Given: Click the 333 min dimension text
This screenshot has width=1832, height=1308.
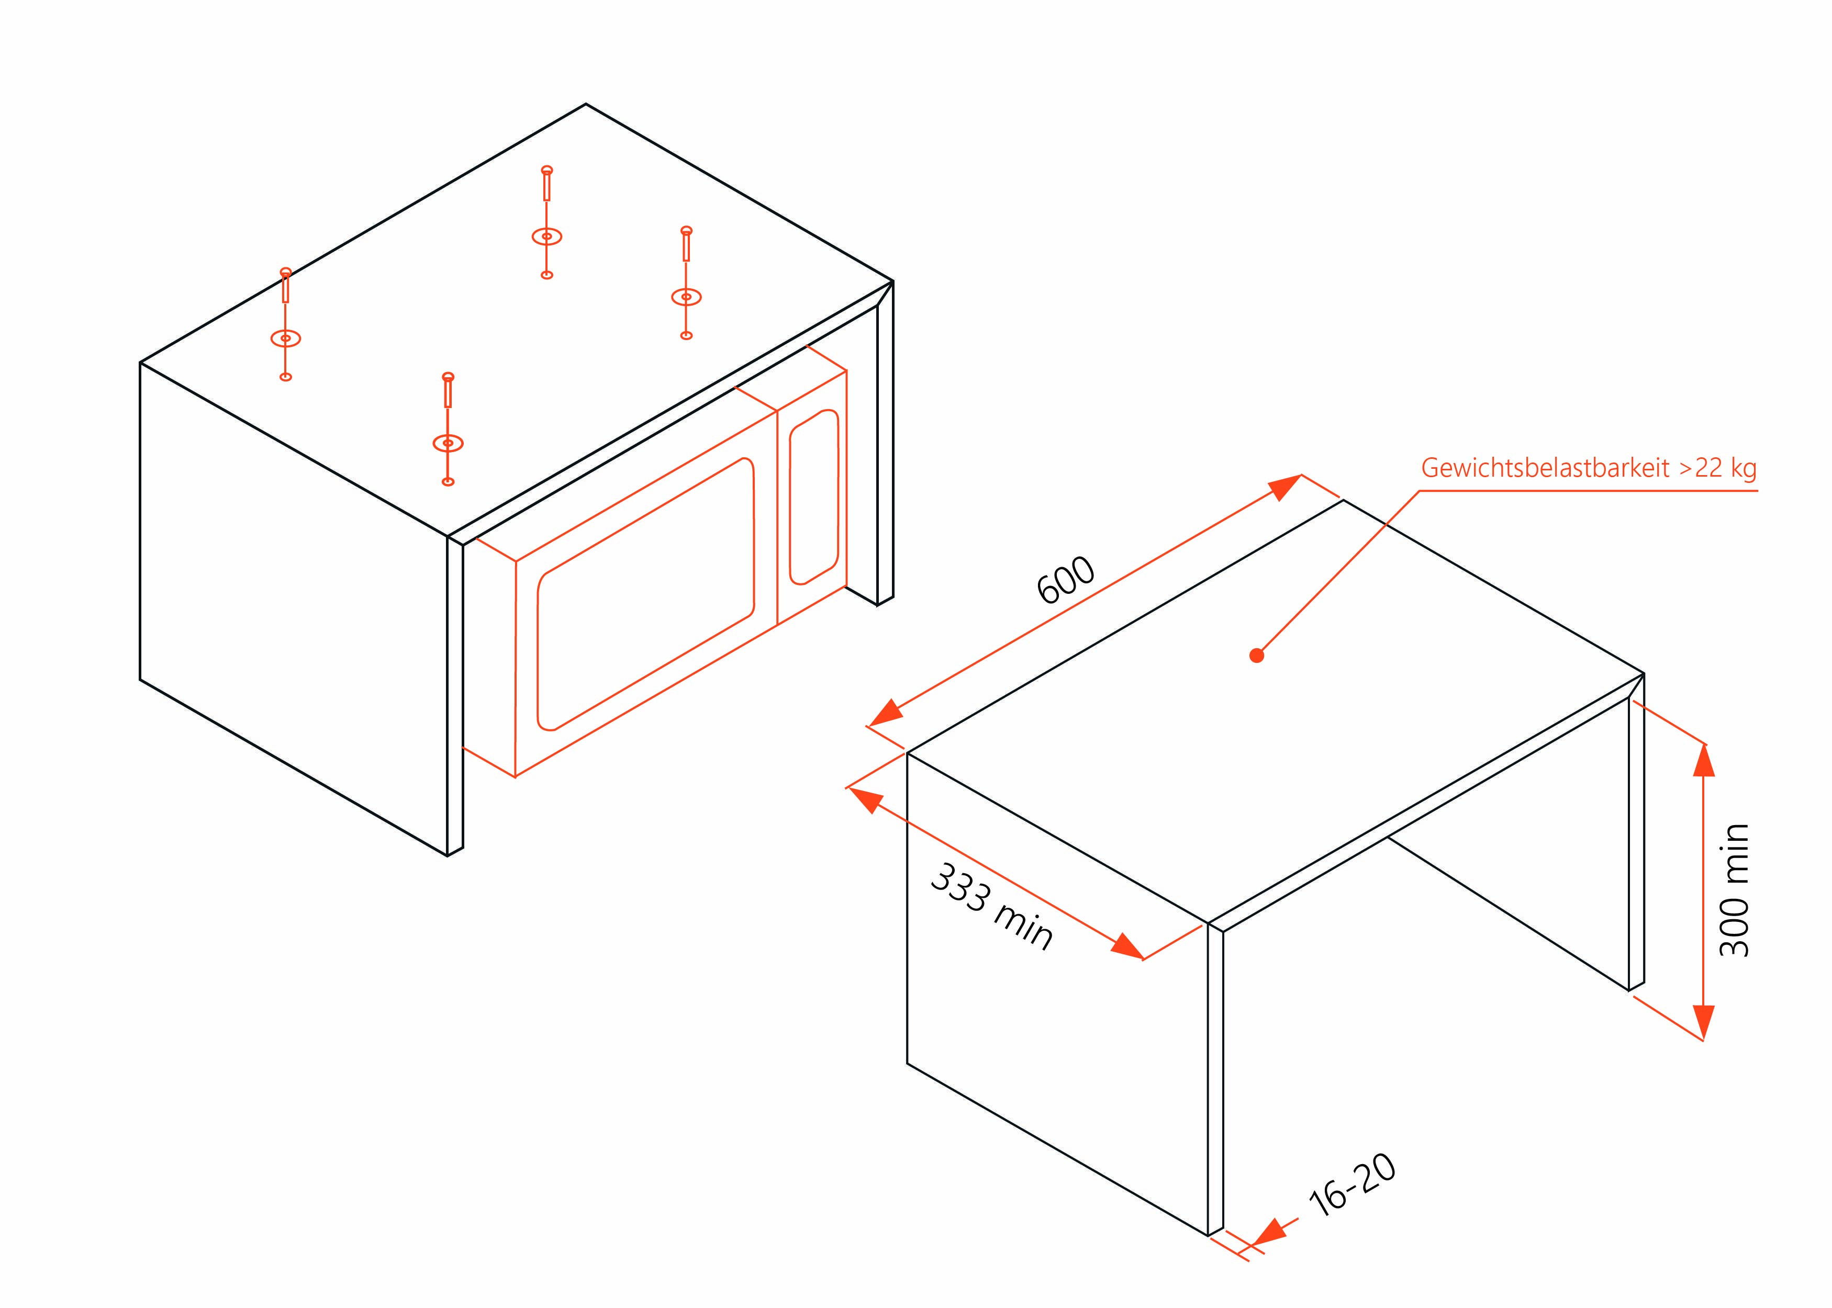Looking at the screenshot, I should tap(991, 907).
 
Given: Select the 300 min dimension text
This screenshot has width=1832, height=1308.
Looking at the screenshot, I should tap(1734, 890).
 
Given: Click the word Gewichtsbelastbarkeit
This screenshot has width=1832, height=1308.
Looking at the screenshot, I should tap(1545, 468).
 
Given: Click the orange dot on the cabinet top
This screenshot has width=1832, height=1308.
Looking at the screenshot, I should tap(1256, 656).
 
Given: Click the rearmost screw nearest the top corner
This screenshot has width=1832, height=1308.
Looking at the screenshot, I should tap(547, 185).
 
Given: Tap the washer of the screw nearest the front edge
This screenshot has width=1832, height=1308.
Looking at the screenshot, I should tap(448, 443).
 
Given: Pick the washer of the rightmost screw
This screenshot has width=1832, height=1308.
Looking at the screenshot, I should tap(686, 297).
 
